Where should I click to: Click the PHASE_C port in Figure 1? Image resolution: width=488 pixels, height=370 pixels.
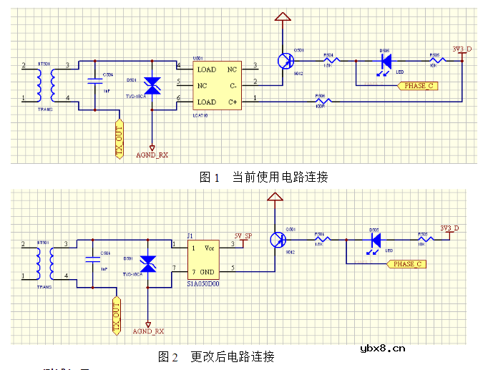416,86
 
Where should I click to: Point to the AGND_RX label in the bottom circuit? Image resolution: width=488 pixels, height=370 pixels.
148,331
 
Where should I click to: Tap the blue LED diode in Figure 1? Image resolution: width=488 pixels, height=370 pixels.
385,61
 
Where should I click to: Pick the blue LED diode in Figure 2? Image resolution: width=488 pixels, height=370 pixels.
374,240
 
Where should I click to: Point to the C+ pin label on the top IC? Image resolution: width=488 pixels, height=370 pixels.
232,102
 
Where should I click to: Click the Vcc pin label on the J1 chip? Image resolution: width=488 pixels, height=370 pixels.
210,248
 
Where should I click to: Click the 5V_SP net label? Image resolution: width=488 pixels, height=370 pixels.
243,236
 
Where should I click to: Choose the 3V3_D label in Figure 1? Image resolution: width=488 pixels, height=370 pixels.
462,49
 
